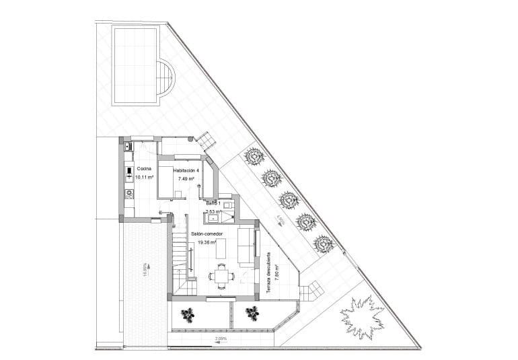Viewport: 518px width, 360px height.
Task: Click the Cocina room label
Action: (144, 169)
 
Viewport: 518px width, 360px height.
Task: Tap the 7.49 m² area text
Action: (186, 180)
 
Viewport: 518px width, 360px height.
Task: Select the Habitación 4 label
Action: (186, 171)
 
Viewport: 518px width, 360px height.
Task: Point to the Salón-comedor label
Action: (207, 233)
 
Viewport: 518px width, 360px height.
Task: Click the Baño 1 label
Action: (213, 203)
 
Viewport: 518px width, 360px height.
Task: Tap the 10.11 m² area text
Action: (144, 178)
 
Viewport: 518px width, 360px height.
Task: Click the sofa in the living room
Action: (246, 247)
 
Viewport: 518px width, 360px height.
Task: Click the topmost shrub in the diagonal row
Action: (254, 157)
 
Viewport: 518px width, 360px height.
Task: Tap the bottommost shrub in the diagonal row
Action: (324, 243)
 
